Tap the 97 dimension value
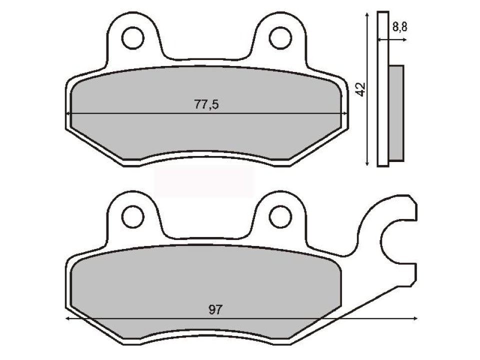point(214,309)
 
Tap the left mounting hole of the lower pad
point(131,216)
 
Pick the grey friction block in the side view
point(395,113)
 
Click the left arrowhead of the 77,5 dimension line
point(68,114)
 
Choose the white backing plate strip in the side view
point(382,90)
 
